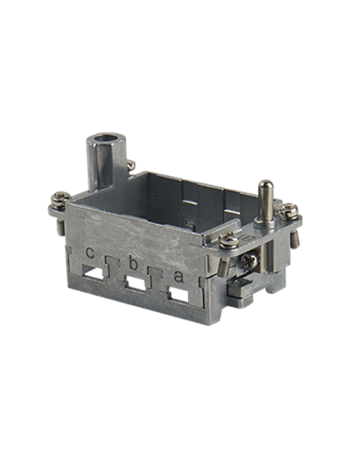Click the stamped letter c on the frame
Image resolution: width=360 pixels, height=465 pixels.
click(x=90, y=252)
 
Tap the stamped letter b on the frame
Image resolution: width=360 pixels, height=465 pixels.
click(x=133, y=264)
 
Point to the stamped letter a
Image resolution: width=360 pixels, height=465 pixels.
click(x=179, y=277)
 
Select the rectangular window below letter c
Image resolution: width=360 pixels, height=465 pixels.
click(x=94, y=274)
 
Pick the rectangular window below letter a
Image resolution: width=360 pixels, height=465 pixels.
click(x=179, y=296)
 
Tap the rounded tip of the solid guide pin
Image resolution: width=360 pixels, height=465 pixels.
click(x=266, y=184)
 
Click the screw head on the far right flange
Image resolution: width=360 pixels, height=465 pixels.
click(x=288, y=212)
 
